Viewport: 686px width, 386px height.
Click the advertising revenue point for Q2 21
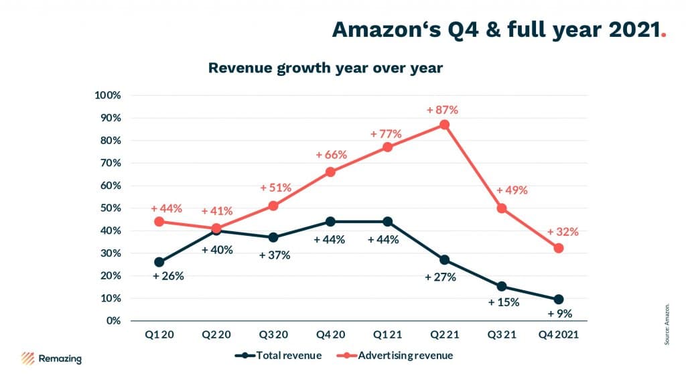coord(445,125)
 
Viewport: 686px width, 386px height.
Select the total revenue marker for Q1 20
coord(159,262)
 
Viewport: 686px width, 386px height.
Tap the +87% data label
coord(442,110)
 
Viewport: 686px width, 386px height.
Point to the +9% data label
coord(560,314)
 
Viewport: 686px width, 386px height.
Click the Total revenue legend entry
coord(278,355)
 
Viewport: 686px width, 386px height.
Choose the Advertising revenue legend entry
coord(395,355)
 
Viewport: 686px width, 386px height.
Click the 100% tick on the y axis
coord(108,95)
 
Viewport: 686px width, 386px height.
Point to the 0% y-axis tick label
coord(113,320)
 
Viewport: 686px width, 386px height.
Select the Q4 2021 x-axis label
coord(558,335)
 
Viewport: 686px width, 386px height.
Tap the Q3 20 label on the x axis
coord(273,335)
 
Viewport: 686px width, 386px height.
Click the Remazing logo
coord(51,359)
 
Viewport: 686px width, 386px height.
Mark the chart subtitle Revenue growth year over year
coord(326,68)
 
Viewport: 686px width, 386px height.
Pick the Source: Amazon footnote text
coord(667,324)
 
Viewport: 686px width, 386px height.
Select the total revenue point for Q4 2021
coord(558,300)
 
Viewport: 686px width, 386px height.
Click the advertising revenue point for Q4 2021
coord(558,248)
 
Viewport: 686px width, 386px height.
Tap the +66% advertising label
coord(331,155)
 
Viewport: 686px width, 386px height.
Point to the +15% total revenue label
coord(504,302)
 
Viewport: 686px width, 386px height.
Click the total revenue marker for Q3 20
coord(273,237)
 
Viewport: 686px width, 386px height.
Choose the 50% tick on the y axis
coord(111,208)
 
